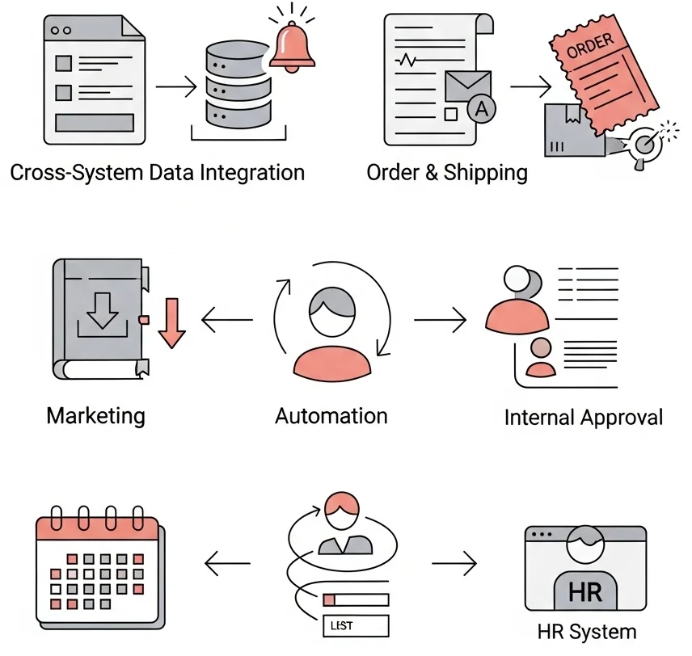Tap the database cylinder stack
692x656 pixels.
(238, 85)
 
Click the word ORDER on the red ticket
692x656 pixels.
(590, 45)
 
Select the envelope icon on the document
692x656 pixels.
(468, 86)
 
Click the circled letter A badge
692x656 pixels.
(482, 108)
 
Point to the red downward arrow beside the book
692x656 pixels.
(171, 323)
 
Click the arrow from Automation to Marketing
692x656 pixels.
(227, 319)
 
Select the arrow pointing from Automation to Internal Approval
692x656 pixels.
(440, 319)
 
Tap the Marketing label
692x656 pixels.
(95, 416)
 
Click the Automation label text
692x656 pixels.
(331, 416)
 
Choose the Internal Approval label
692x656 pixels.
(584, 418)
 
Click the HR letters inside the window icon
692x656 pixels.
(585, 591)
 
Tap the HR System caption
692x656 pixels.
(587, 632)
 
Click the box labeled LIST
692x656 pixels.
(356, 625)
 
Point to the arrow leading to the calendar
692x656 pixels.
(227, 563)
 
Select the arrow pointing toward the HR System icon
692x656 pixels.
(454, 563)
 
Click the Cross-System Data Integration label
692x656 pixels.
(158, 173)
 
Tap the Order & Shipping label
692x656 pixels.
(447, 173)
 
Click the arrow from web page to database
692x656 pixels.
(176, 86)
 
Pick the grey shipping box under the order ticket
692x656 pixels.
(574, 130)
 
